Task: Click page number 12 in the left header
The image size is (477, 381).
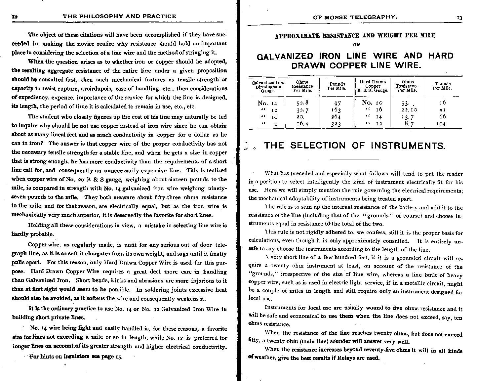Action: click(x=15, y=16)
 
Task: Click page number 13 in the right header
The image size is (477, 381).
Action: click(x=459, y=18)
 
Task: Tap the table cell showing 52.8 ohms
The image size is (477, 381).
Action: click(x=302, y=103)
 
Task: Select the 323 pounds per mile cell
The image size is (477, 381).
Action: click(x=336, y=124)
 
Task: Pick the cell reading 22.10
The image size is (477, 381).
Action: click(x=409, y=109)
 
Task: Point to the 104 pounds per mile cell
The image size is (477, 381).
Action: click(x=441, y=124)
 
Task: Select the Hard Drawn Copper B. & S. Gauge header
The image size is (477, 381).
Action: click(x=373, y=86)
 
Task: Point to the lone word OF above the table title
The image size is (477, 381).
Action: click(x=356, y=44)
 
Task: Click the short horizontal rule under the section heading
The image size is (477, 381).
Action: click(x=354, y=159)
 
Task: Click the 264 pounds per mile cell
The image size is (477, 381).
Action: click(x=336, y=117)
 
